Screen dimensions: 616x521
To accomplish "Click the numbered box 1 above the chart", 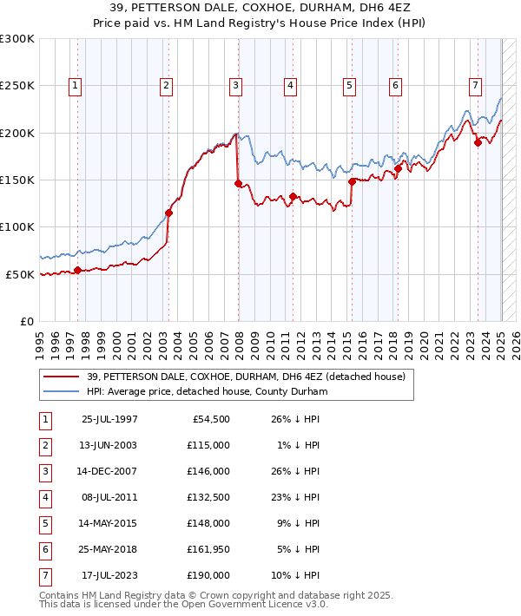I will (x=76, y=85).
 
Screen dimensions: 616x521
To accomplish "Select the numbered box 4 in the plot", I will (x=290, y=85).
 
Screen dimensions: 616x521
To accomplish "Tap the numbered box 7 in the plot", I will (x=476, y=85).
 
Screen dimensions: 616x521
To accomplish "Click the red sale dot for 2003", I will (x=169, y=213).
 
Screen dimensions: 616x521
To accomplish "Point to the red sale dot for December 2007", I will (x=238, y=183).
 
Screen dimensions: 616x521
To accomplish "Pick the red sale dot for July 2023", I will (x=478, y=143).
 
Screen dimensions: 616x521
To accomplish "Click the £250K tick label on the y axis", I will (x=17, y=86).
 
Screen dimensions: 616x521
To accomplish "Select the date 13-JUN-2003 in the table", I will (x=109, y=446).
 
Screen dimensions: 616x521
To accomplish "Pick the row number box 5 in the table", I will (x=44, y=524).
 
